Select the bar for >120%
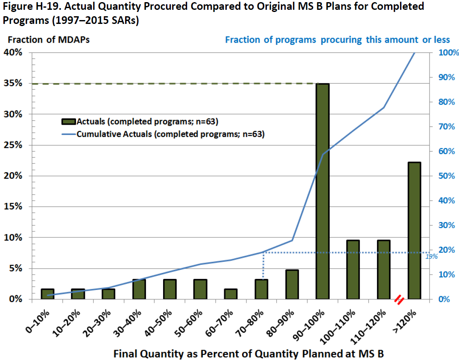click(x=414, y=231)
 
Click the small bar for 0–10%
click(x=47, y=294)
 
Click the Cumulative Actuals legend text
click(x=170, y=134)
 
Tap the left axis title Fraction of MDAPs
click(x=49, y=40)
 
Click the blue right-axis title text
click(x=337, y=40)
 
